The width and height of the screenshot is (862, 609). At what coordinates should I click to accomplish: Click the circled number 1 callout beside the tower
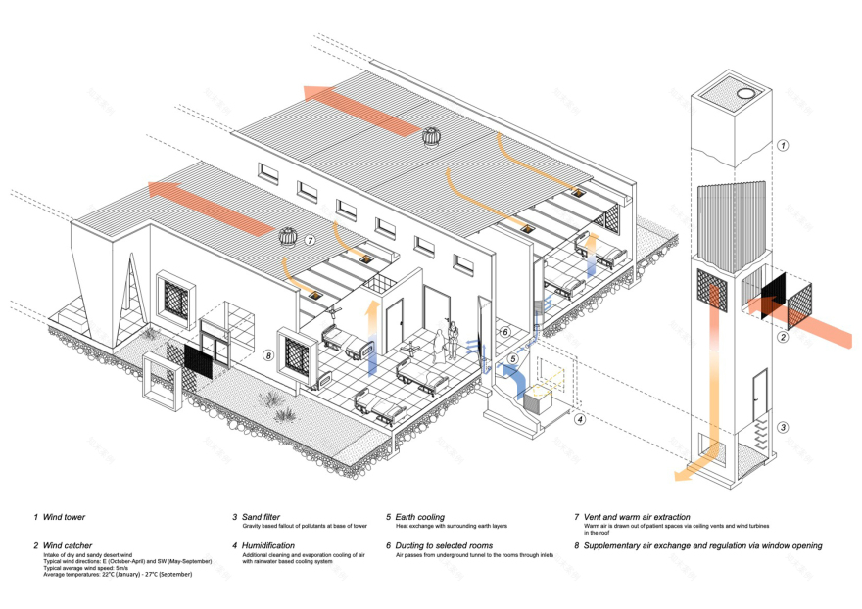tap(783, 145)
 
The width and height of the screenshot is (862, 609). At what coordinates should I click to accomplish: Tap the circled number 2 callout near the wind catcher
tap(783, 337)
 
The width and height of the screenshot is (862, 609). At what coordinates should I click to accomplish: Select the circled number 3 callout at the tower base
tap(783, 427)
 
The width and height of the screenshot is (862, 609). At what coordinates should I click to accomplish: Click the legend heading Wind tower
tap(66, 517)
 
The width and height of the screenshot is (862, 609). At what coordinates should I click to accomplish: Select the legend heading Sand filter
tap(257, 517)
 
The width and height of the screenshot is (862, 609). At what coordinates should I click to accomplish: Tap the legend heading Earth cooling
tap(415, 517)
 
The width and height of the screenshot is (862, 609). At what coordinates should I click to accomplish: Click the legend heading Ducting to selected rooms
tap(443, 545)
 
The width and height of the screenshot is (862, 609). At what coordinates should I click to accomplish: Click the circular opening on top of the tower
tap(746, 93)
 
